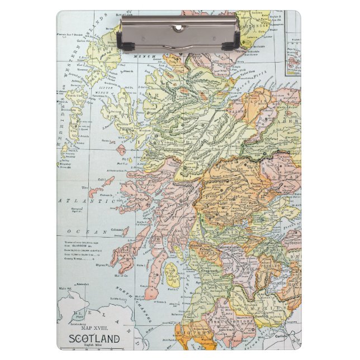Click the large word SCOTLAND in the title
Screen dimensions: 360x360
click(x=94, y=339)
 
